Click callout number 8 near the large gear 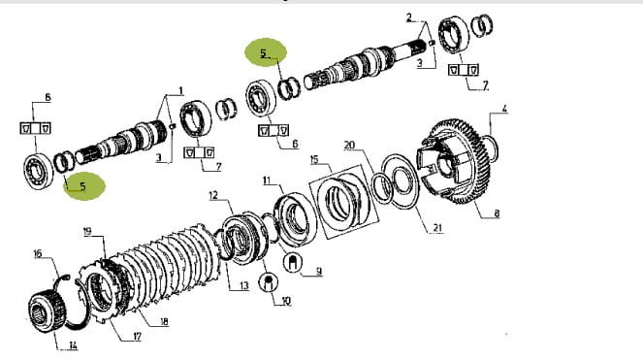(497, 213)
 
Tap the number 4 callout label (504, 109)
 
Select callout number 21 (437, 228)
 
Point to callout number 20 (349, 145)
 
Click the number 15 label (314, 159)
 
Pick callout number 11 (267, 180)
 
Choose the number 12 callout (213, 195)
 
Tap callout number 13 (244, 285)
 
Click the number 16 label (37, 253)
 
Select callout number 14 (73, 345)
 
